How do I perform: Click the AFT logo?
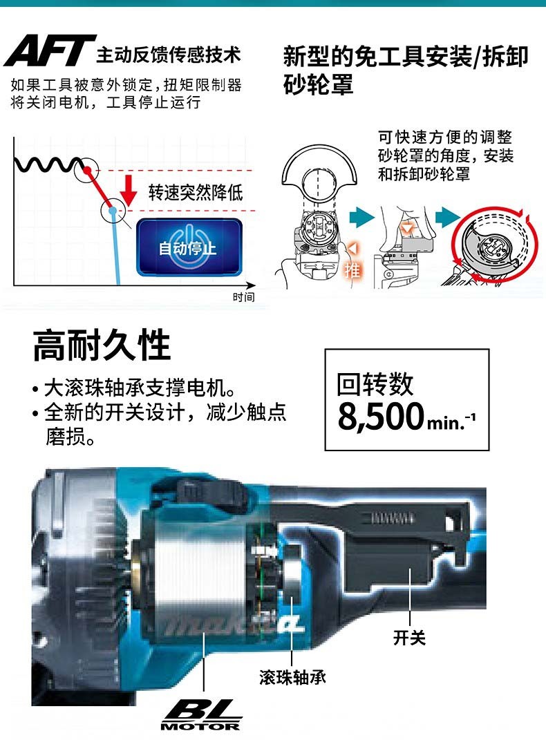tap(50, 50)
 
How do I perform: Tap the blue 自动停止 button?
tap(189, 247)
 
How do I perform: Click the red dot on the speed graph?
tap(87, 169)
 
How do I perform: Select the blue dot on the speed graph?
tap(113, 211)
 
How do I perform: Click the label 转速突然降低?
tap(196, 192)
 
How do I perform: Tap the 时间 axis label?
tap(243, 297)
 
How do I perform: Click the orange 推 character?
tap(352, 269)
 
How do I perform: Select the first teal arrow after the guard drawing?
tap(362, 218)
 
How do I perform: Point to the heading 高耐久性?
tap(102, 345)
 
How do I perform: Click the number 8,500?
tap(381, 416)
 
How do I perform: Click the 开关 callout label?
tap(409, 638)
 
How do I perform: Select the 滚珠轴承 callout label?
tap(292, 677)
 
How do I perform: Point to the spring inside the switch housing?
tap(393, 519)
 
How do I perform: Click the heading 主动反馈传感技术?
tap(169, 55)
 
